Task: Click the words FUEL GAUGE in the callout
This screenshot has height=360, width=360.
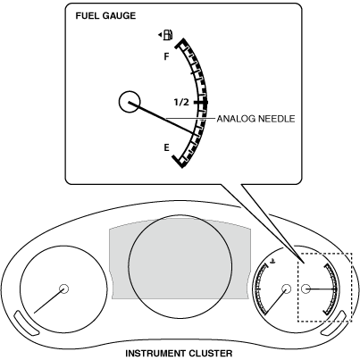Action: click(105, 16)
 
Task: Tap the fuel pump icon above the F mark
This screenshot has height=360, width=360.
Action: click(168, 35)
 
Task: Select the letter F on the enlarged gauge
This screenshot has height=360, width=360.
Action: click(167, 56)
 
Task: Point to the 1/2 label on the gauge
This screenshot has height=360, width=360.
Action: click(181, 103)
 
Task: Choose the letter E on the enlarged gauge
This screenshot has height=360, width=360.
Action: click(167, 147)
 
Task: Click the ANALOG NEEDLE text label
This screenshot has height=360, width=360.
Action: click(255, 119)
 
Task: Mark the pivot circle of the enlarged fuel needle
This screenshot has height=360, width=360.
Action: click(130, 102)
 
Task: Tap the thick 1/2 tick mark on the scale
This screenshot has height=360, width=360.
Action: click(200, 103)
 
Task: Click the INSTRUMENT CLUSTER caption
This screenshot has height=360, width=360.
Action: click(179, 354)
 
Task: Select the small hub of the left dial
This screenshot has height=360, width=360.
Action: click(63, 289)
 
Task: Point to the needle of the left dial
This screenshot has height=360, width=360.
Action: click(49, 301)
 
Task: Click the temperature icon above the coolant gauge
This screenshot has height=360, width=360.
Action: click(272, 262)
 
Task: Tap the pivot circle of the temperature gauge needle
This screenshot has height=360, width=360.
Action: click(286, 289)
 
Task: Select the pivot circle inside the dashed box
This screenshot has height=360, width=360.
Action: click(306, 289)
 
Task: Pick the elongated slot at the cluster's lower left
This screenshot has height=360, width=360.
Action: click(27, 322)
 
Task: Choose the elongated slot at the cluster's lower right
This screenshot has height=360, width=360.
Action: click(334, 322)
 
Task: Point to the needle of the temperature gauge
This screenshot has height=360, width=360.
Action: click(275, 301)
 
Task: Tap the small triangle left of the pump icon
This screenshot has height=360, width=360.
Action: click(160, 35)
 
